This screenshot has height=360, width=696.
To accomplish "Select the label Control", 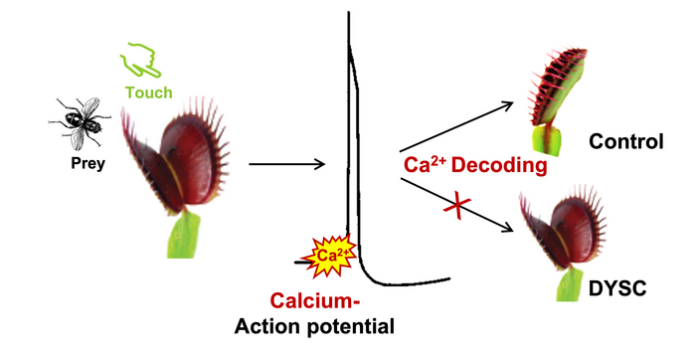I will (x=624, y=142).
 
